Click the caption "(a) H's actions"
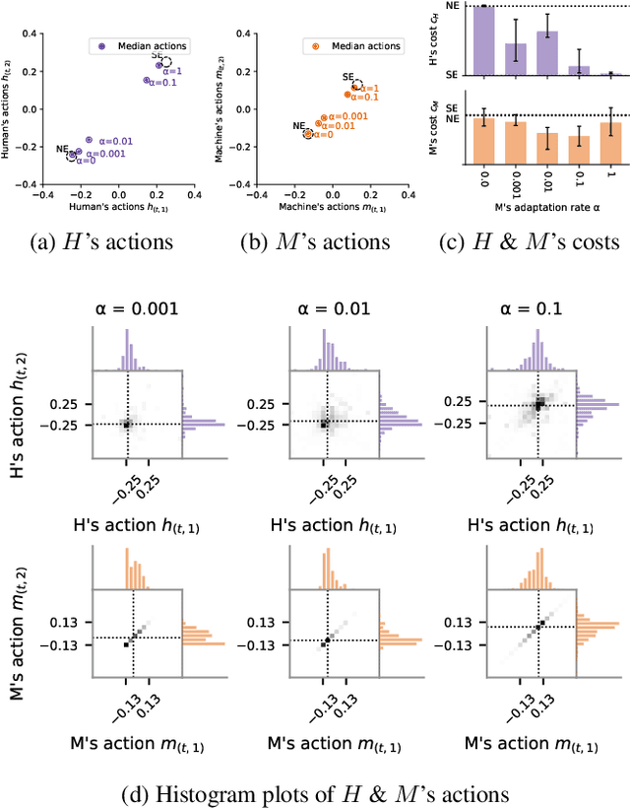pyautogui.click(x=115, y=242)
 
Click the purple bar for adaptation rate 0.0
pyautogui.click(x=482, y=40)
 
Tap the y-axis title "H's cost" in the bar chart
pyautogui.click(x=451, y=40)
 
